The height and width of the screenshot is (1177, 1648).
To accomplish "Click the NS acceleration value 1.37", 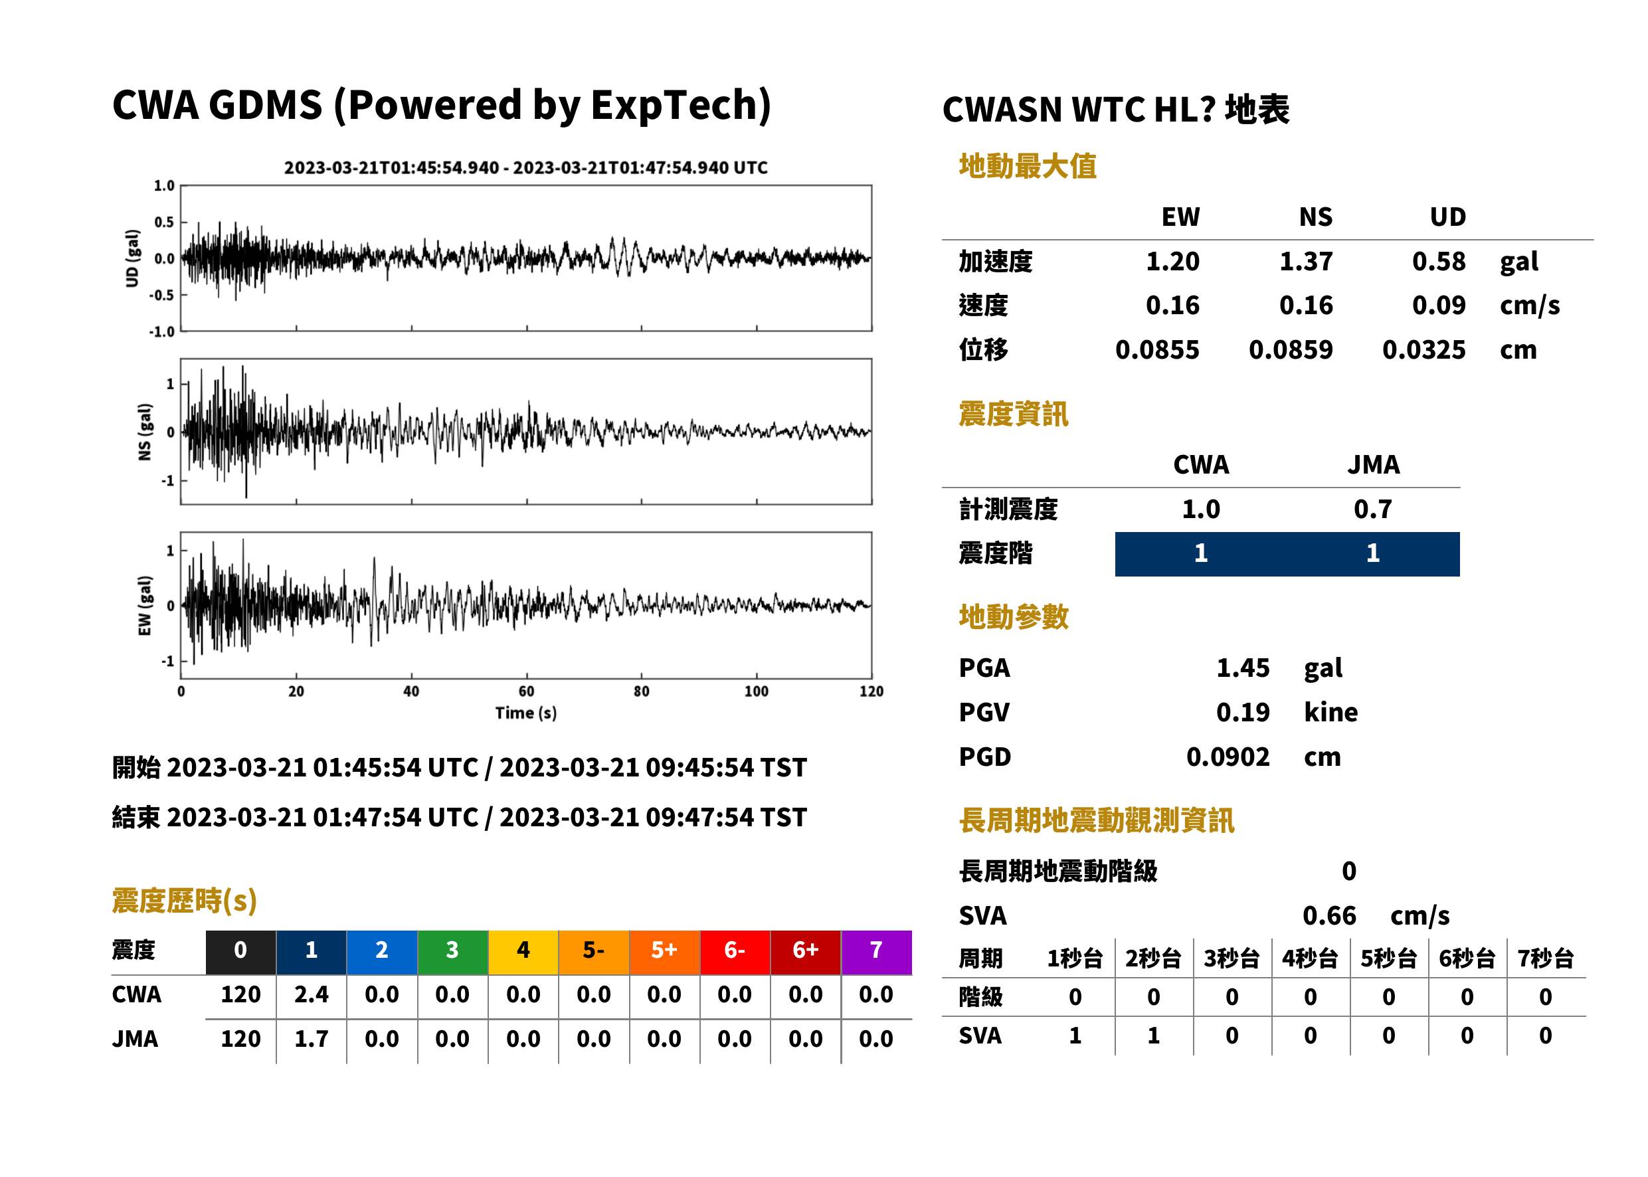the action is click(1305, 261).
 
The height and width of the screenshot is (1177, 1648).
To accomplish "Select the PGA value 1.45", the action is click(1243, 668).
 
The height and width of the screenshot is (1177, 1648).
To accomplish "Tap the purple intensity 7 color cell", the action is click(876, 952).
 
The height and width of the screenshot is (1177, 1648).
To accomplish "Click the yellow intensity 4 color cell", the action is click(523, 952).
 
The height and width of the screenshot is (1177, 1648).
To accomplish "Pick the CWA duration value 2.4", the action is click(311, 994).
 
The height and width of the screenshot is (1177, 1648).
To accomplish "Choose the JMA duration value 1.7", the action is click(311, 1039).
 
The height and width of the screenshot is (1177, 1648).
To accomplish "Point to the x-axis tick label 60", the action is click(526, 691).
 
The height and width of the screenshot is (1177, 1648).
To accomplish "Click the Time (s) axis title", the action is click(526, 713).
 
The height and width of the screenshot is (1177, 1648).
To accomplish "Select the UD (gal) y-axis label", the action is click(132, 259).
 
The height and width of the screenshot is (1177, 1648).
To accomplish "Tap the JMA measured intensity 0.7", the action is click(1372, 509).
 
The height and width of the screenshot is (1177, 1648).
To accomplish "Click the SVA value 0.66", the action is click(1329, 915).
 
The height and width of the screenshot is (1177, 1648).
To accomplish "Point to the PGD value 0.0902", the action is click(1228, 757).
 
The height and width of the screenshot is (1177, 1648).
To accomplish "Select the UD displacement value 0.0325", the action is click(1424, 350).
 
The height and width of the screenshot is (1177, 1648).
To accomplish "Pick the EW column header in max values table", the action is click(1180, 217).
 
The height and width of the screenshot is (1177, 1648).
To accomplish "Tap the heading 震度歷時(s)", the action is click(185, 901).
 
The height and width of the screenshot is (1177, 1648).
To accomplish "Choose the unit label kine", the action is click(1330, 713).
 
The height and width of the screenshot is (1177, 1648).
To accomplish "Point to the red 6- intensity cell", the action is click(735, 952).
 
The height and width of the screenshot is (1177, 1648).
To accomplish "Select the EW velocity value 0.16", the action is click(1172, 306).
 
